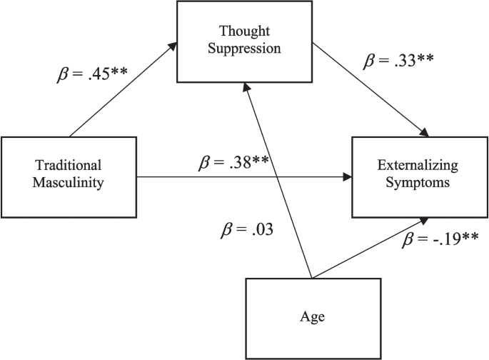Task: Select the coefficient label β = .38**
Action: [x=233, y=162]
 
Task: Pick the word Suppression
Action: [x=244, y=49]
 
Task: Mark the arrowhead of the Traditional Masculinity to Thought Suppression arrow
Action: [x=173, y=46]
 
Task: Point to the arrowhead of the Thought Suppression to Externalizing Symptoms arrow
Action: [x=425, y=133]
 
